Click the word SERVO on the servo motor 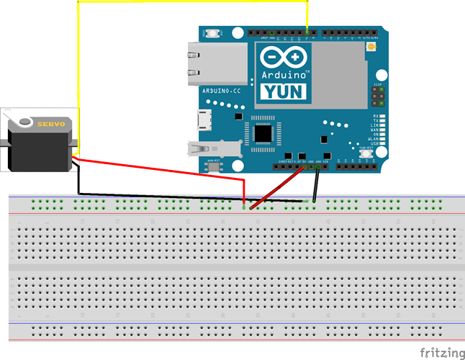pyautogui.click(x=52, y=124)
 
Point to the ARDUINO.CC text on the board pyautogui.click(x=219, y=91)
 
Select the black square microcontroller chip pyautogui.click(x=264, y=132)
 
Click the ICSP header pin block pyautogui.click(x=376, y=96)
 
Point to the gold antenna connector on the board pyautogui.click(x=371, y=48)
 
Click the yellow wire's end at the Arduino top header pyautogui.click(x=307, y=32)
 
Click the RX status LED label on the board pyautogui.click(x=376, y=116)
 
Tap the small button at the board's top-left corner pyautogui.click(x=215, y=33)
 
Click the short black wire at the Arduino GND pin pyautogui.click(x=317, y=184)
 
